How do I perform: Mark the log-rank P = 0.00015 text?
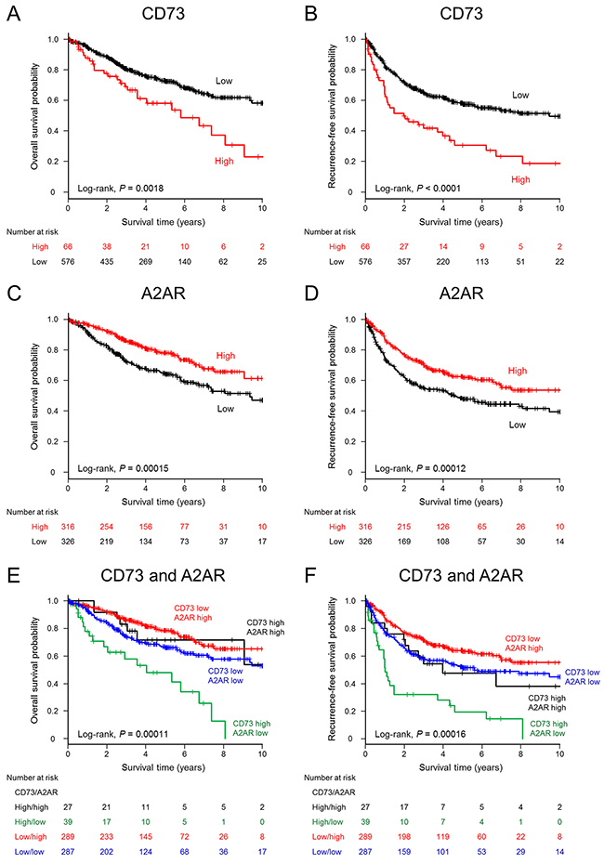tap(125, 468)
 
